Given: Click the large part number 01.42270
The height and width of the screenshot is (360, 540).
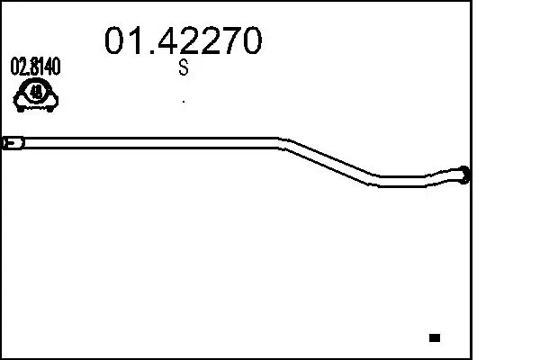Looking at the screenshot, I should point(184,40).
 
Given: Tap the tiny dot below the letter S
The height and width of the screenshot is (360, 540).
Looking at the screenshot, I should point(184,101).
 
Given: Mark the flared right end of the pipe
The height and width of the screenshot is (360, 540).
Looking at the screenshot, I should point(463,175).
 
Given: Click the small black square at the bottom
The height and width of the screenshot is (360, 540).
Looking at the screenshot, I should point(435,337).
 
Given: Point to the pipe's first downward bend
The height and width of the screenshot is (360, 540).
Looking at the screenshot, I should point(281,141).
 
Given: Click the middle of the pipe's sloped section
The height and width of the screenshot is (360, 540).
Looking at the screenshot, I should point(330,161).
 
